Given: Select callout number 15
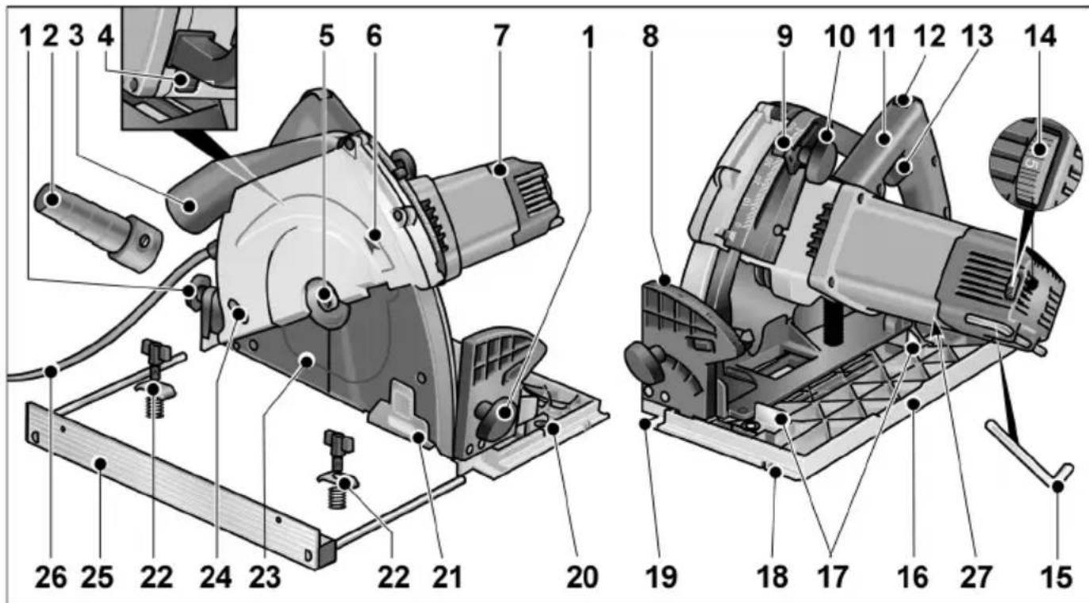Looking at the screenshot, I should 1055,577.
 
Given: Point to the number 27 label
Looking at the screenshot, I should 980,577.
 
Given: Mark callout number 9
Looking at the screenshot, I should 784,36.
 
